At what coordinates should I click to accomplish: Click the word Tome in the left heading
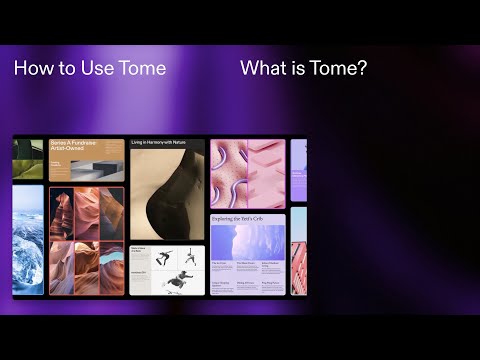click(x=144, y=68)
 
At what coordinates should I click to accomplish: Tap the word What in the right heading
click(x=262, y=68)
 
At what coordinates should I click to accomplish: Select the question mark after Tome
click(x=362, y=68)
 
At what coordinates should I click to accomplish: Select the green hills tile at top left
click(x=28, y=158)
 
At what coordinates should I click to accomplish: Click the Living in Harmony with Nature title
click(x=166, y=143)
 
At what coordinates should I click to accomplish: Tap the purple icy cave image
click(x=247, y=241)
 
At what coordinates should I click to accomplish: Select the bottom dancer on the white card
click(x=178, y=284)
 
